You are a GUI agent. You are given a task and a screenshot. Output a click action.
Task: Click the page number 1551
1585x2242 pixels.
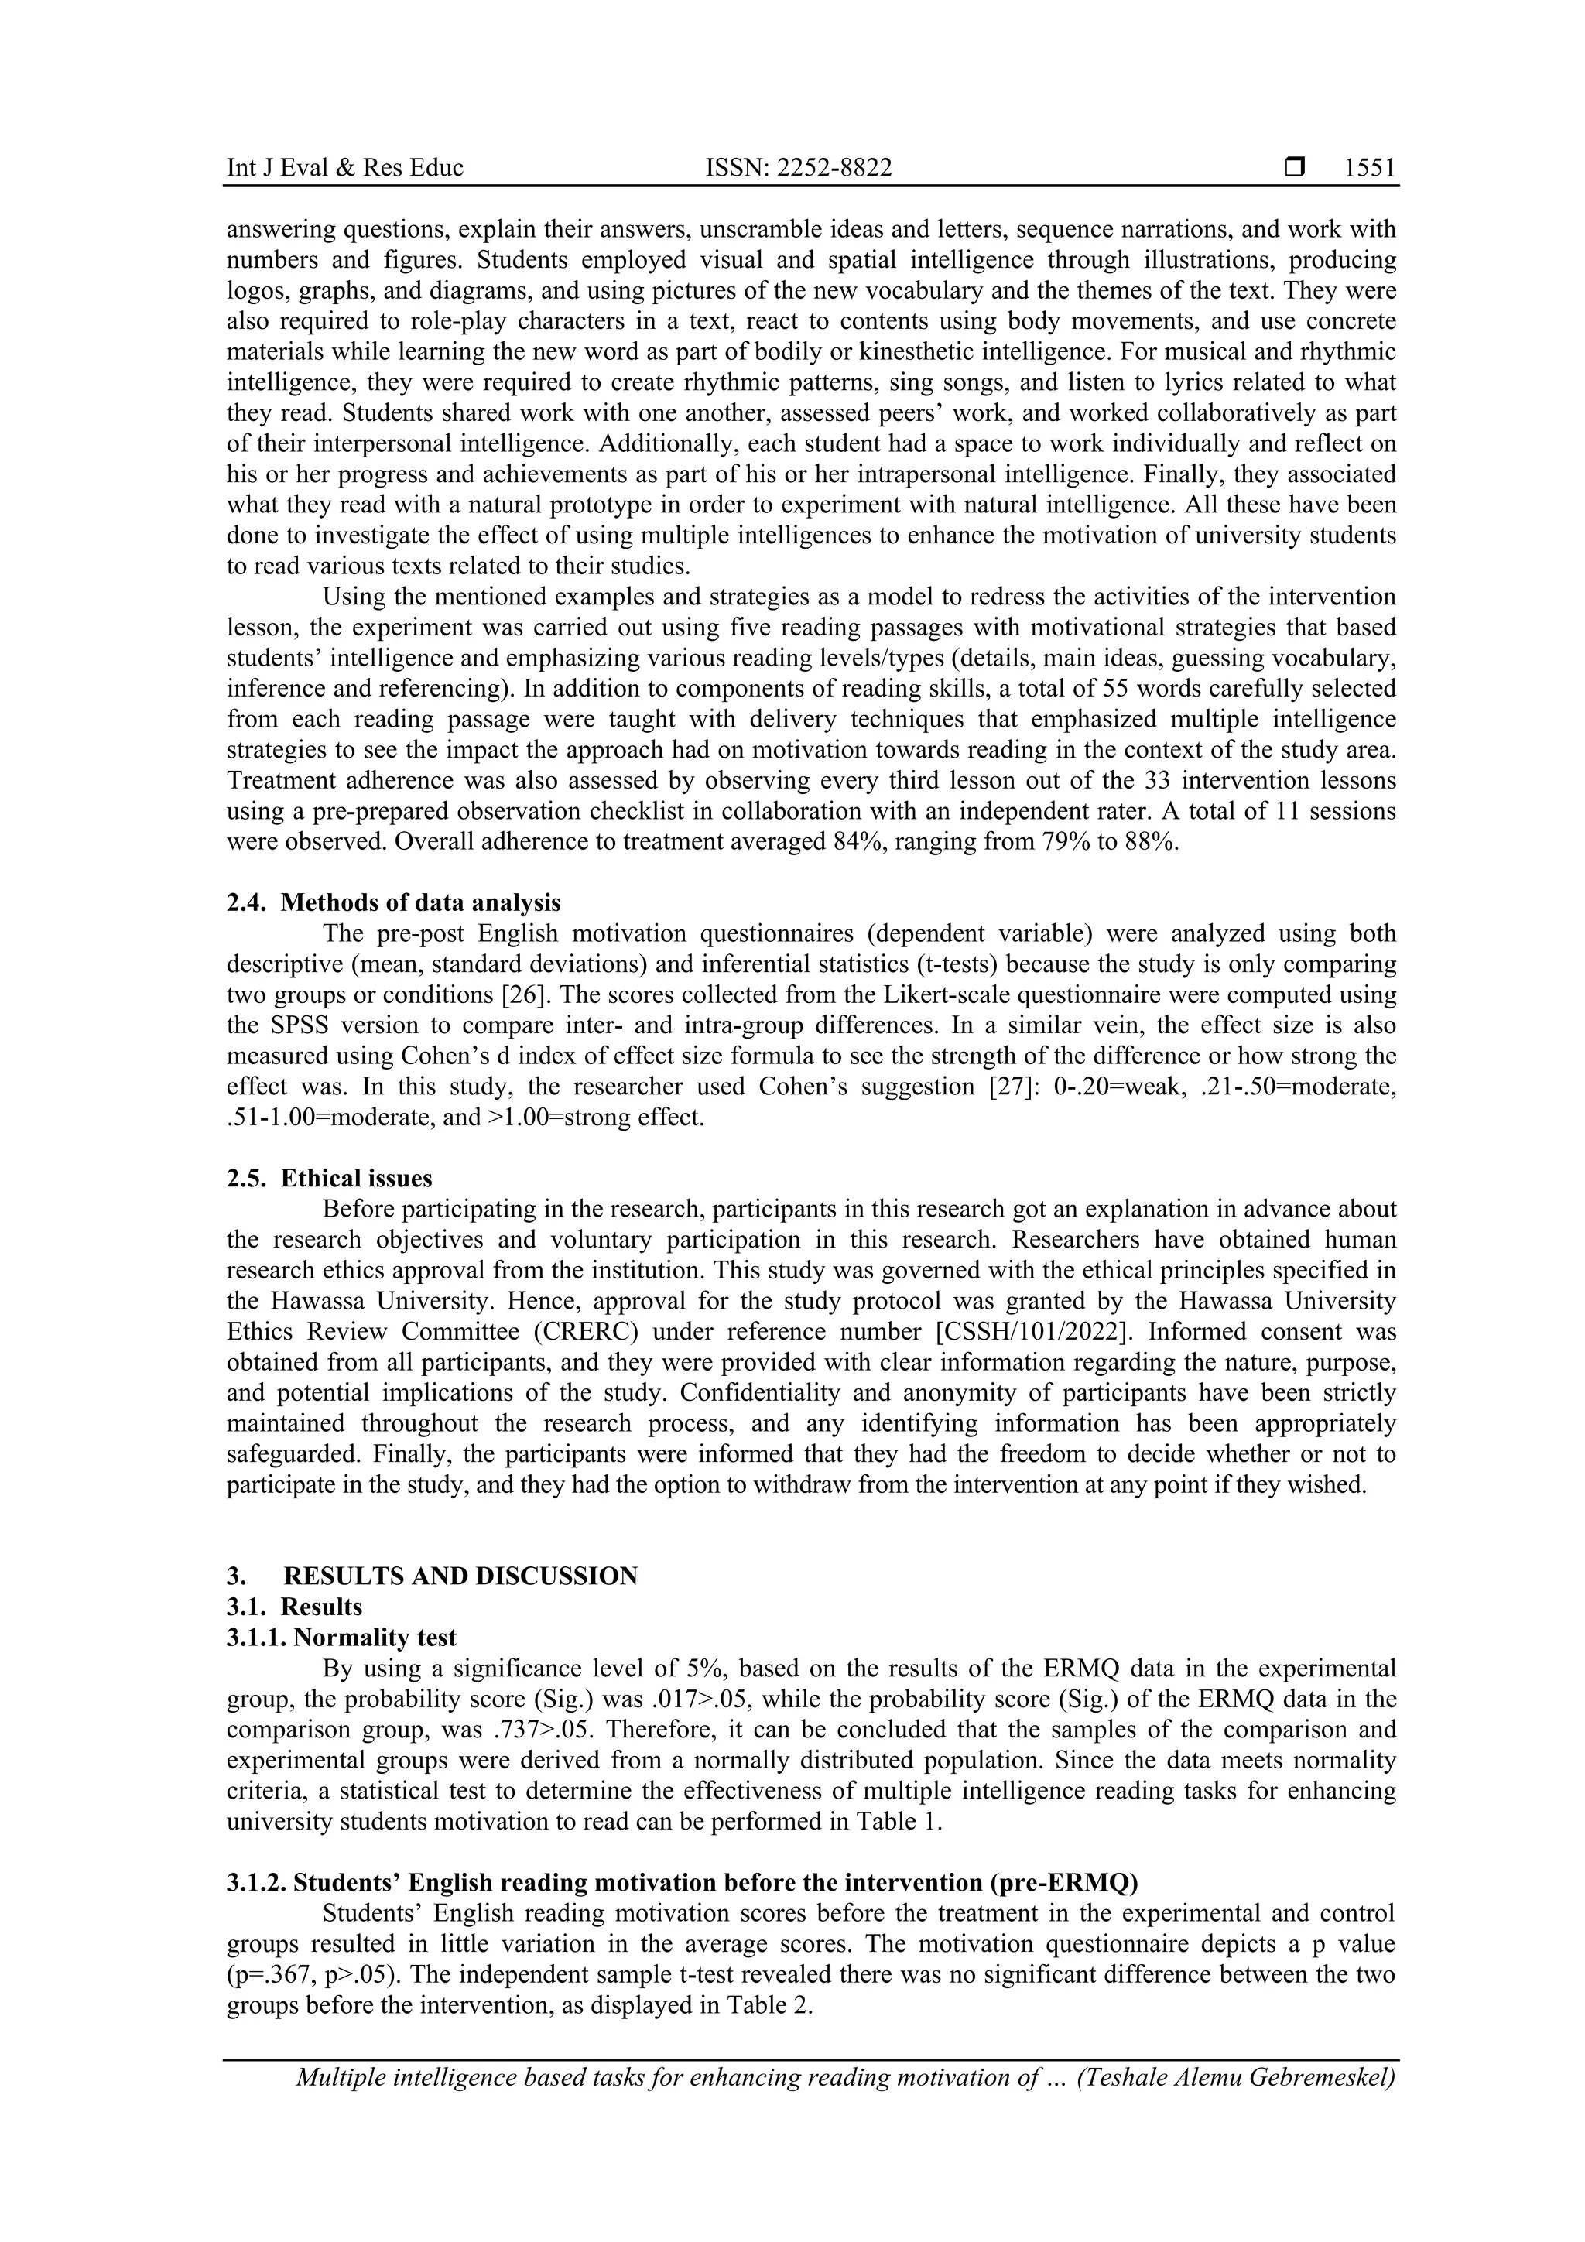1369,169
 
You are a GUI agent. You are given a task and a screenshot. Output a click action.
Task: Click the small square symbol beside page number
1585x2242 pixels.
1295,168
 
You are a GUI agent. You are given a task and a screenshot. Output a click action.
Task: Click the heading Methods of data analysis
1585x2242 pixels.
421,902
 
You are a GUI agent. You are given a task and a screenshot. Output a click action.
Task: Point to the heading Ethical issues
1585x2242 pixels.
357,1179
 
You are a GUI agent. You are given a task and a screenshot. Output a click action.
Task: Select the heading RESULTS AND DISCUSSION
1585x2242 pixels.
461,1576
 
